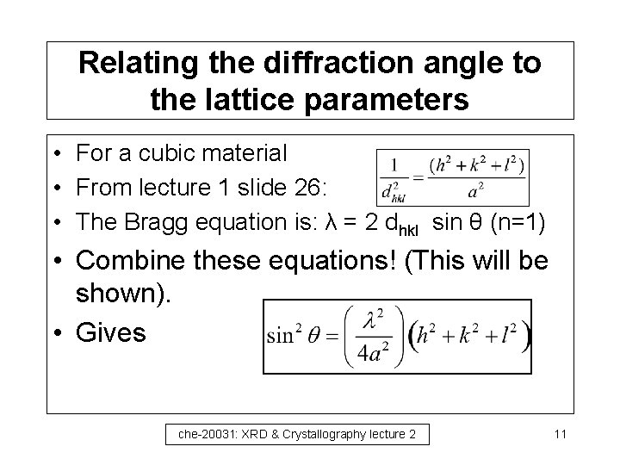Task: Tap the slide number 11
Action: tap(560, 435)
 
